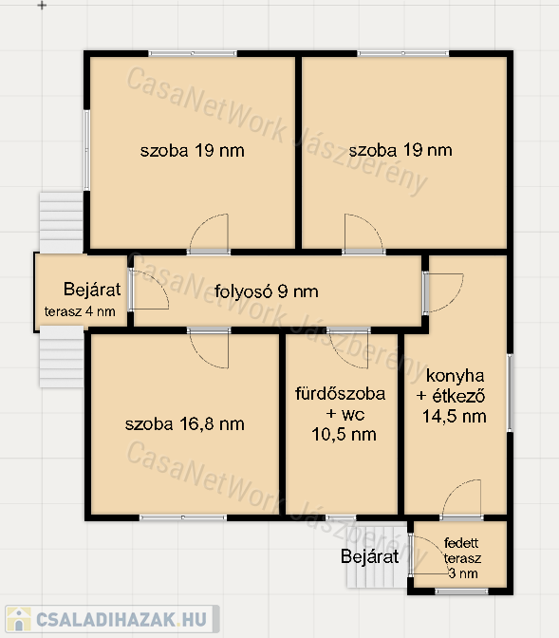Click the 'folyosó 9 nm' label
pyautogui.click(x=266, y=291)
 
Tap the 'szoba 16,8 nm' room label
pyautogui.click(x=185, y=424)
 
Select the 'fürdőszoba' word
pyautogui.click(x=340, y=393)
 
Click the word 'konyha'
pyautogui.click(x=455, y=376)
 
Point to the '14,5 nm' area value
pyautogui.click(x=454, y=416)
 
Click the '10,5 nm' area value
pyautogui.click(x=344, y=435)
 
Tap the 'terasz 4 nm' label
pyautogui.click(x=80, y=311)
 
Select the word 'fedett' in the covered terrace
pyautogui.click(x=461, y=543)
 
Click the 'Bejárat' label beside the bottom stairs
pyautogui.click(x=369, y=556)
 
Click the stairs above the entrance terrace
pyautogui.click(x=62, y=222)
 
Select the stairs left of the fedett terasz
pyautogui.click(x=377, y=556)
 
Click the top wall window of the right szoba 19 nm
pyautogui.click(x=402, y=53)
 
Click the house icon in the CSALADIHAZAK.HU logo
pyautogui.click(x=19, y=619)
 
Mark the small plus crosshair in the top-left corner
pyautogui.click(x=42, y=6)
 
